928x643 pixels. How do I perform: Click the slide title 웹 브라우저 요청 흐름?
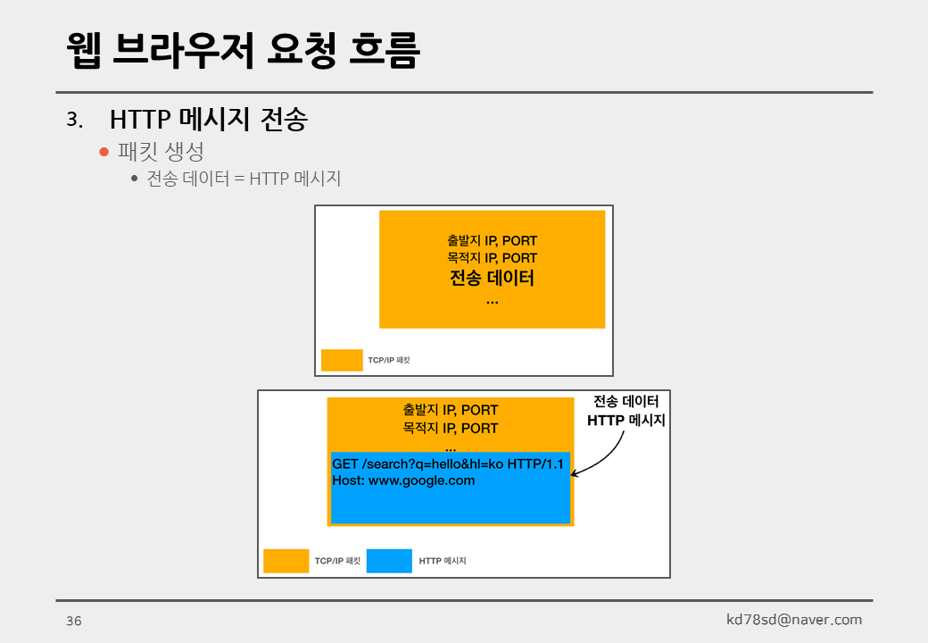point(243,51)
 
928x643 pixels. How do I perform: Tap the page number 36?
point(73,621)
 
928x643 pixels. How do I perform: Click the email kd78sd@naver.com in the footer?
point(794,619)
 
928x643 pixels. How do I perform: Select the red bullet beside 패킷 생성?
point(104,152)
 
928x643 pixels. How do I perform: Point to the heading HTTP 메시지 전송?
point(208,119)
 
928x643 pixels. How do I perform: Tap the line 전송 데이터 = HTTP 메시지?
point(244,179)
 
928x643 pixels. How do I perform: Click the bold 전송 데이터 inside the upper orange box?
point(492,278)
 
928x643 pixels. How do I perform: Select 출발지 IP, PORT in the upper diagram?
point(492,240)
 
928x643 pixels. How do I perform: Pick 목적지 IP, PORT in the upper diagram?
point(492,258)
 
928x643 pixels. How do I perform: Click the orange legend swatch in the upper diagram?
point(342,360)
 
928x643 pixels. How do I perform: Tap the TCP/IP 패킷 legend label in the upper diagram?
point(388,361)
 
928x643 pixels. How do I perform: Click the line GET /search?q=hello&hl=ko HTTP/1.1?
point(448,464)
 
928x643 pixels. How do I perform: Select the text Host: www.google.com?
point(403,480)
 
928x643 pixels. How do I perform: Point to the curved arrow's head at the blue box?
point(574,474)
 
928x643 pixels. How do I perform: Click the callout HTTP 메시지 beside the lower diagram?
point(626,420)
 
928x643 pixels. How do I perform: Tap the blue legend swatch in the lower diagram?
point(389,561)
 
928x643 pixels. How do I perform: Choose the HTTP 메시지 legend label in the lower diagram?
point(443,562)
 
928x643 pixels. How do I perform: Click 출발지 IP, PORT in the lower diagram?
point(450,410)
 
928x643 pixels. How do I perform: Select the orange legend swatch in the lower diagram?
point(286,561)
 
